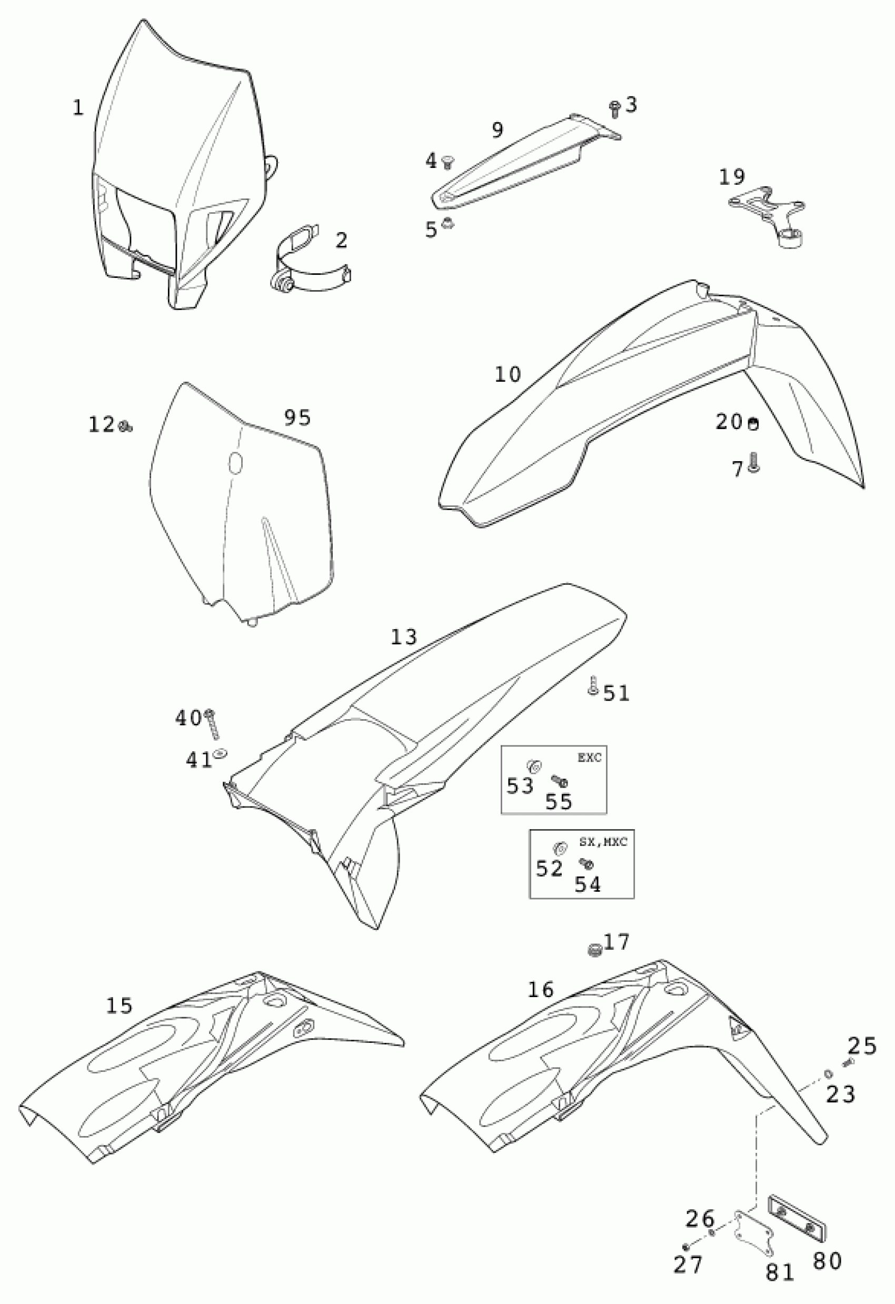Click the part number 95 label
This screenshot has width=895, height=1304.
[x=297, y=417]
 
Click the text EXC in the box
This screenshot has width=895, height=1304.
[x=589, y=758]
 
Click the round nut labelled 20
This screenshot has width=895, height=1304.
[x=752, y=424]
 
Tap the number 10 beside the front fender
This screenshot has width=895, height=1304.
[x=508, y=374]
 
